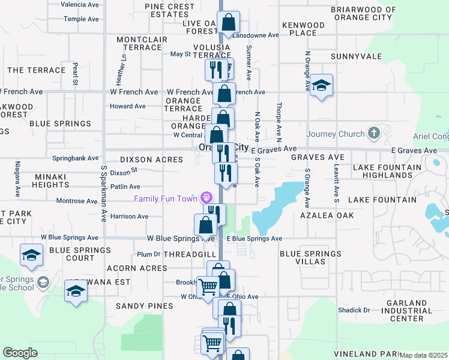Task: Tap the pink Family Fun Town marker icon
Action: (207, 197)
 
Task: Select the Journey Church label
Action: (336, 134)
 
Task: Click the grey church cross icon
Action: (373, 134)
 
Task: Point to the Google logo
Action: (20, 353)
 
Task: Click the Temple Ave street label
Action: (81, 19)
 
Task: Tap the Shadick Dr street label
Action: (354, 310)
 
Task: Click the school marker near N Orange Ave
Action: (322, 85)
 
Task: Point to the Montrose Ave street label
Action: (77, 201)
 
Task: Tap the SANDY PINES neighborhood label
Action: (144, 306)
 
